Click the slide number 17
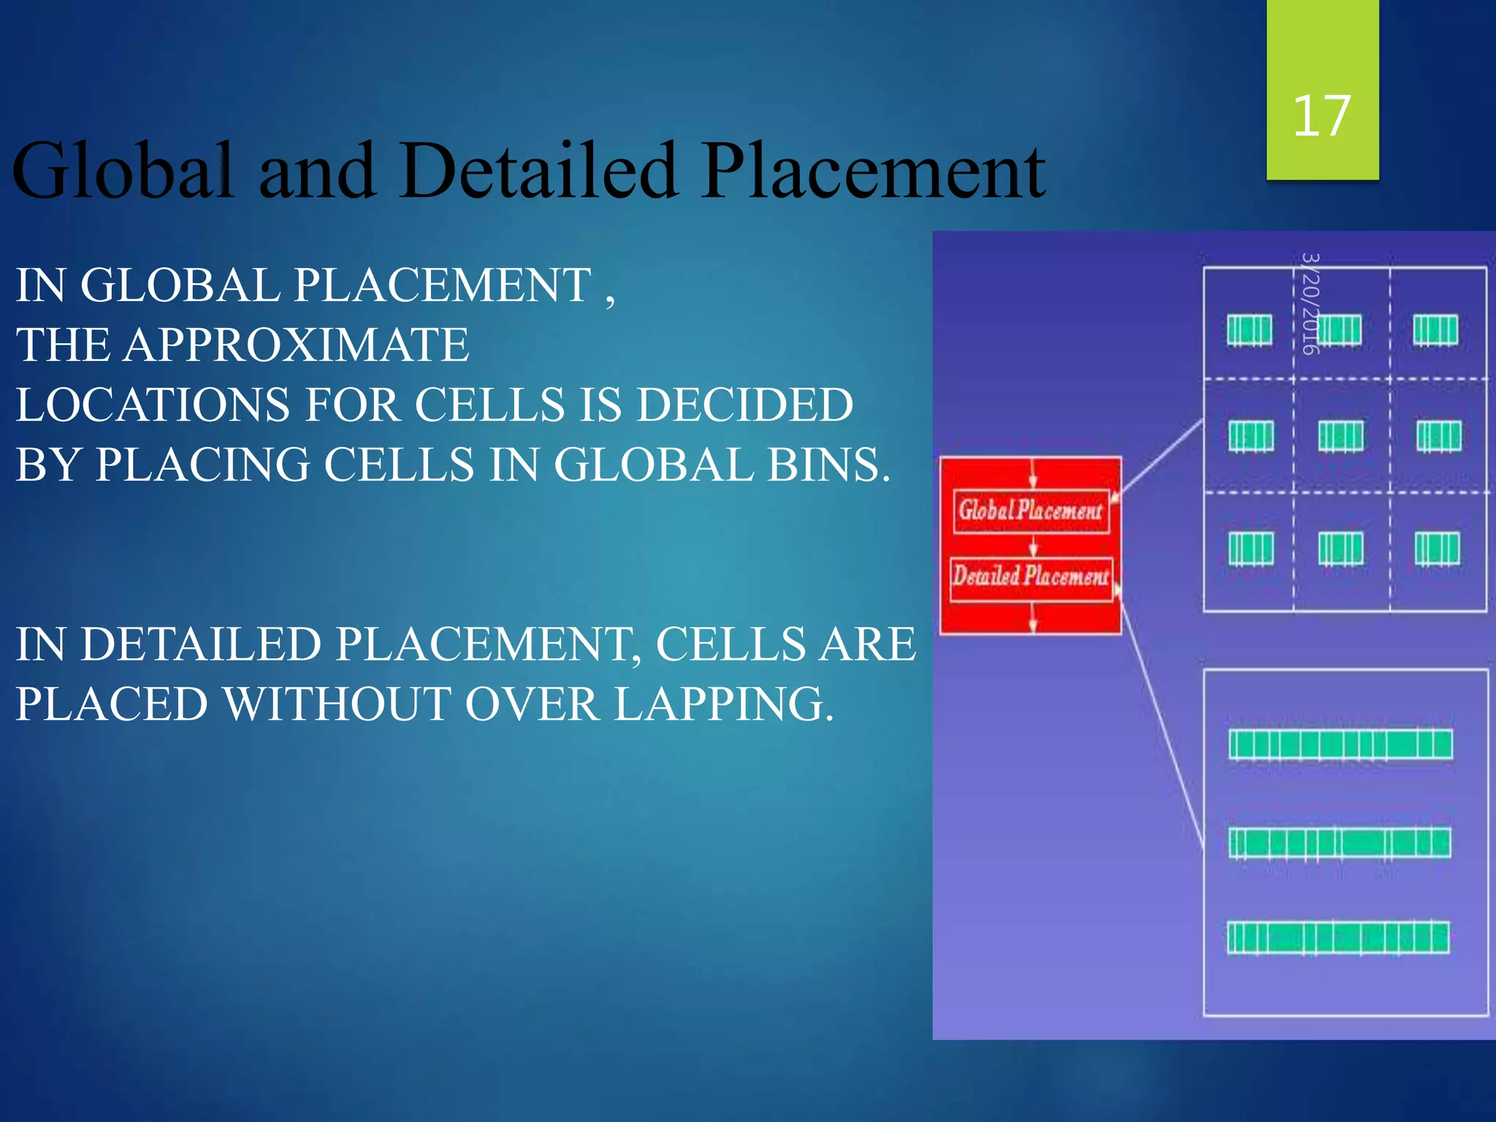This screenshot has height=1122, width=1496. pyautogui.click(x=1321, y=116)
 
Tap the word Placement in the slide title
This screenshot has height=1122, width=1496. pyautogui.click(x=873, y=172)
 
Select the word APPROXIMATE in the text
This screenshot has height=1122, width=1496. pyautogui.click(x=296, y=345)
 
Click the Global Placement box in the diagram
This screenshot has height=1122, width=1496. pyautogui.click(x=1031, y=511)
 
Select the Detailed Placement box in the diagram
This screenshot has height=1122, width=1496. pyautogui.click(x=1031, y=577)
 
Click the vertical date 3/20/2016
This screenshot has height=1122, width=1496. pyautogui.click(x=1311, y=303)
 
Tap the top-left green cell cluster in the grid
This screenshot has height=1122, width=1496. pyautogui.click(x=1249, y=330)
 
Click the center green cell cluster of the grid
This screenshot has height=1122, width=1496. pyautogui.click(x=1340, y=437)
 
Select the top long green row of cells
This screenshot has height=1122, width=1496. pyautogui.click(x=1340, y=745)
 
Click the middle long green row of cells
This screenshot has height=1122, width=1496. pyautogui.click(x=1340, y=843)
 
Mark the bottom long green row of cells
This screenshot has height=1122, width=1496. pyautogui.click(x=1338, y=938)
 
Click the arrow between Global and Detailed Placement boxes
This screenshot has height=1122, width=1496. pyautogui.click(x=1033, y=545)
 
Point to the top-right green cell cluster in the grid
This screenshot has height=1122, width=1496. pyautogui.click(x=1435, y=330)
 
